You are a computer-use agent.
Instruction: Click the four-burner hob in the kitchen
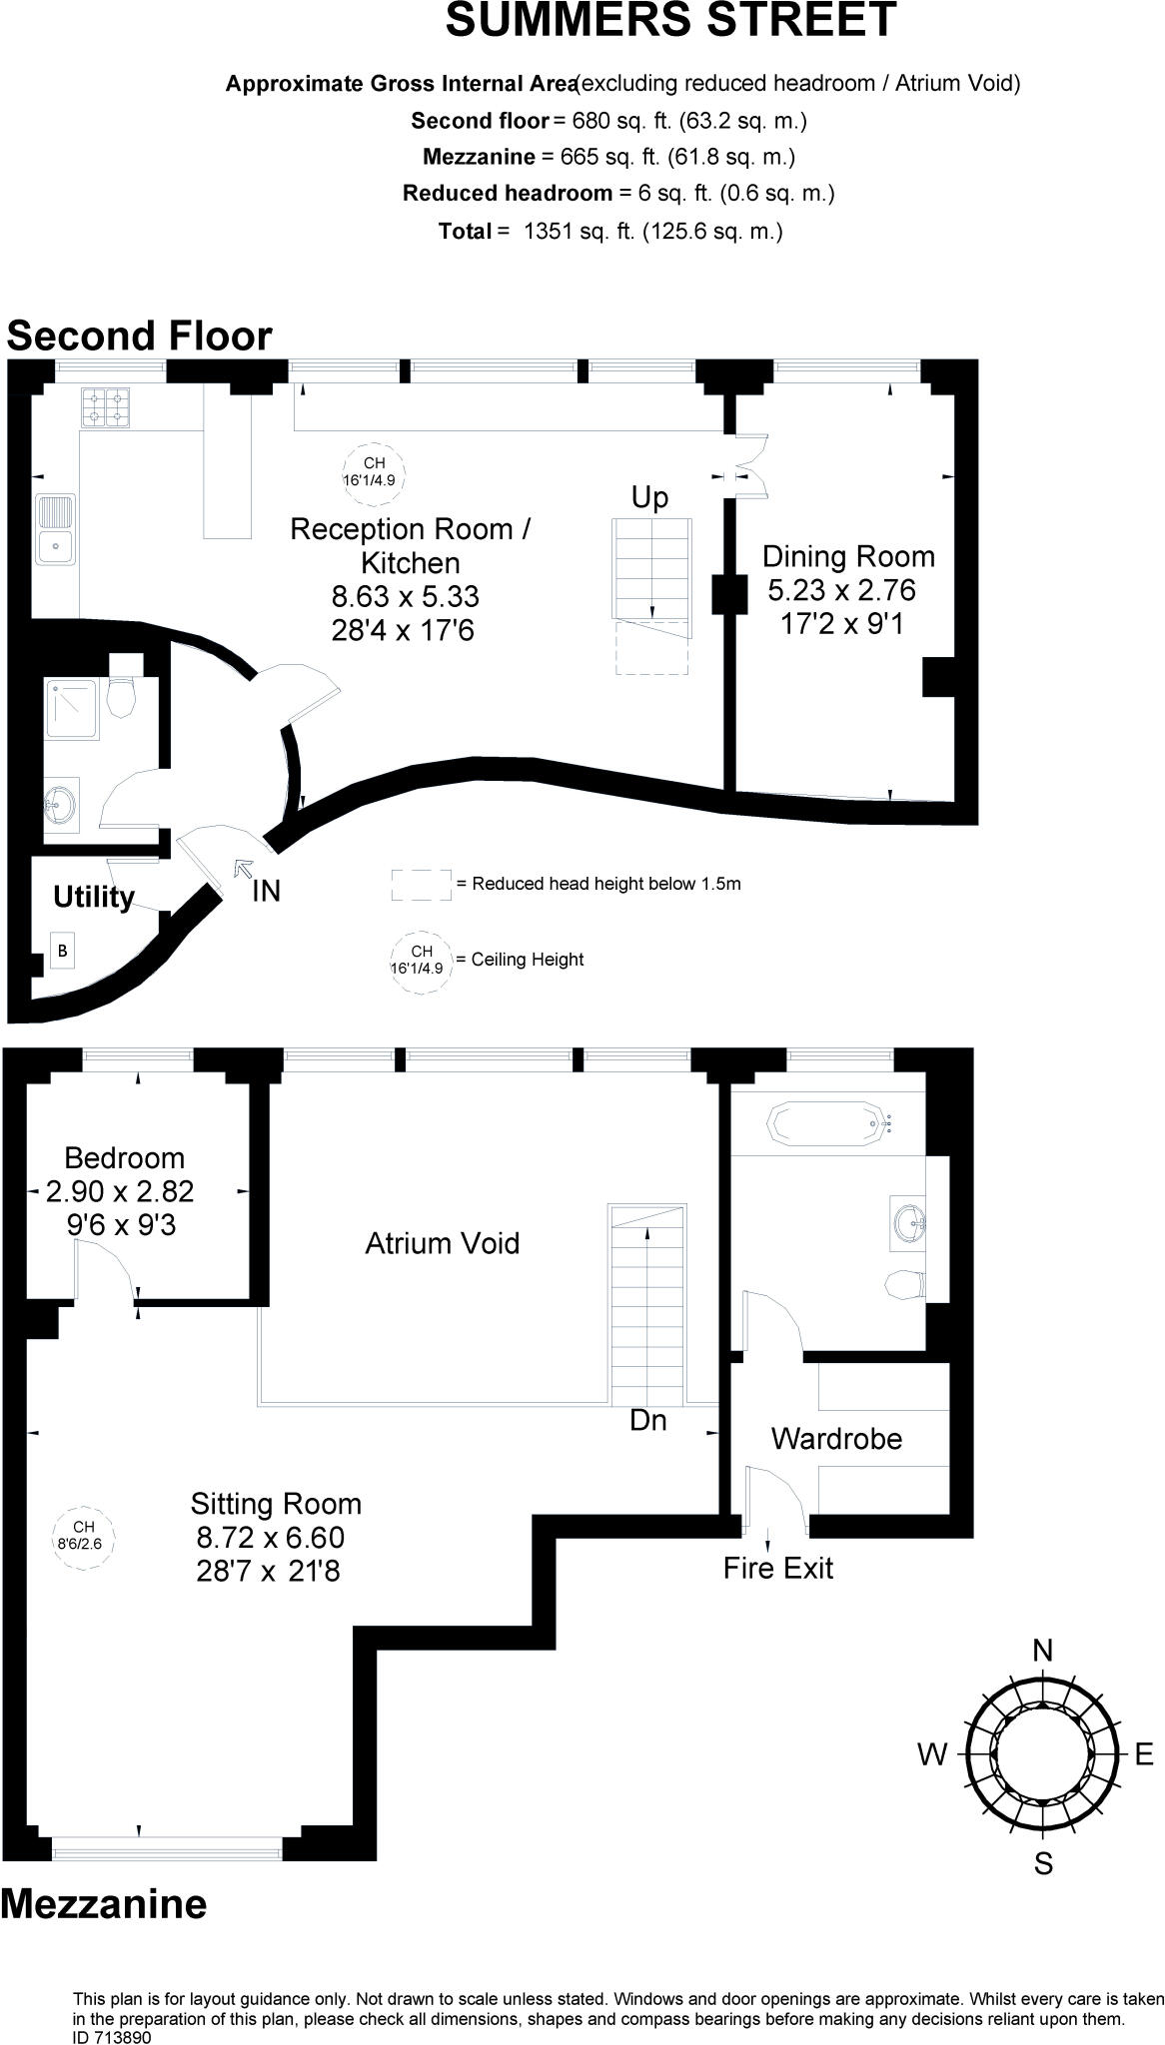[x=105, y=406]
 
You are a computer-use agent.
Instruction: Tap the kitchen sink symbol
[x=56, y=528]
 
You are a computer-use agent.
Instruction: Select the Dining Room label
[x=849, y=556]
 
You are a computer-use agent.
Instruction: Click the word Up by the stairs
[x=649, y=497]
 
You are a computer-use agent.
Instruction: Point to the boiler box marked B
[x=62, y=951]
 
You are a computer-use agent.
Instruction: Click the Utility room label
[x=94, y=897]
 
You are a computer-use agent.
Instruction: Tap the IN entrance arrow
[x=242, y=869]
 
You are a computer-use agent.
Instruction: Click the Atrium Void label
[x=443, y=1243]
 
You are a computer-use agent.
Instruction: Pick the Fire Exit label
[x=778, y=1568]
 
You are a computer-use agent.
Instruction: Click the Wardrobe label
[x=836, y=1439]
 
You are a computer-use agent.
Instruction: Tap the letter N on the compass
[x=1042, y=1651]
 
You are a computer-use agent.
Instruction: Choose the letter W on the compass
[x=932, y=1754]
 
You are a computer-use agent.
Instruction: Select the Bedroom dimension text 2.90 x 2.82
[x=120, y=1191]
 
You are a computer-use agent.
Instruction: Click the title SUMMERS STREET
[x=670, y=20]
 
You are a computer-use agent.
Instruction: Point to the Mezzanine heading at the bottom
[x=104, y=1904]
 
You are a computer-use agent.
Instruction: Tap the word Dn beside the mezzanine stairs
[x=648, y=1420]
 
